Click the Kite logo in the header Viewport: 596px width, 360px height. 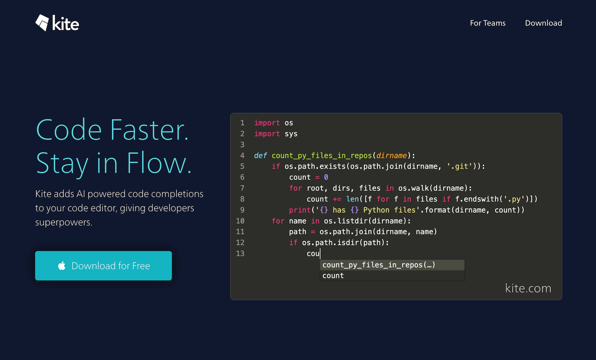57,23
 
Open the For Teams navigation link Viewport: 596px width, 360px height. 488,23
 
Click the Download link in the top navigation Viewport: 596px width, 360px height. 543,23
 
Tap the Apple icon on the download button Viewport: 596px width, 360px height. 62,265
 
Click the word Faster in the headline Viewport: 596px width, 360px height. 149,130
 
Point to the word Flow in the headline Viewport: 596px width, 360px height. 159,163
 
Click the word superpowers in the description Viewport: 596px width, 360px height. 64,222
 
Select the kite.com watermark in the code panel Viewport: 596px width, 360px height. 528,288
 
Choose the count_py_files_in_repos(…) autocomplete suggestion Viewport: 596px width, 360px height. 378,265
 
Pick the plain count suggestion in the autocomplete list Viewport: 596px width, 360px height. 333,276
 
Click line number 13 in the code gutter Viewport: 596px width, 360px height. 240,253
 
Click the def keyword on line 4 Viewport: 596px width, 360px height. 260,155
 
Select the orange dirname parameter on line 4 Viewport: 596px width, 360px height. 391,155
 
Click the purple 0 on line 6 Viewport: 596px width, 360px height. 326,177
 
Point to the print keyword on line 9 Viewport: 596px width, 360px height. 300,210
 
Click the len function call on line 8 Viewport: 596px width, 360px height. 352,199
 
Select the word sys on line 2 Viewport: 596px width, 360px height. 291,134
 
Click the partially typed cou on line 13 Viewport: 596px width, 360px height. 313,253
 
